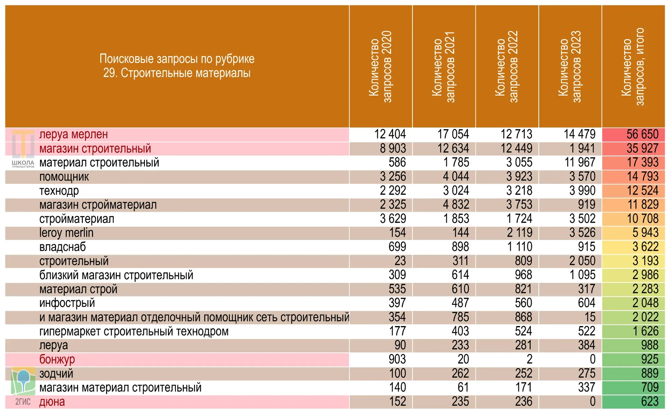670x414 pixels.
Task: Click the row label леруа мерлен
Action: click(x=74, y=134)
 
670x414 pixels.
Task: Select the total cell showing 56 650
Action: click(x=642, y=134)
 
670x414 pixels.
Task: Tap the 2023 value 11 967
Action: click(x=580, y=162)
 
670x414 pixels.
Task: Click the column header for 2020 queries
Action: click(x=381, y=67)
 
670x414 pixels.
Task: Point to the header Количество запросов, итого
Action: click(x=633, y=67)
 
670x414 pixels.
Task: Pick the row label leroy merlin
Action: click(x=66, y=233)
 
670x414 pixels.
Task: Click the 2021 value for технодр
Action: click(x=456, y=191)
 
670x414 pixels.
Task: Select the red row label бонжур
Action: click(x=57, y=359)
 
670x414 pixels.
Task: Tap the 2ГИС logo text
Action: click(x=23, y=402)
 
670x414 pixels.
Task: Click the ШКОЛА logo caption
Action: click(x=23, y=163)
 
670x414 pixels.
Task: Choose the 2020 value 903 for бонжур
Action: click(x=397, y=359)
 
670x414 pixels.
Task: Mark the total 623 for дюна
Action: click(x=650, y=402)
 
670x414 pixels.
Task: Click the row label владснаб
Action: click(x=63, y=247)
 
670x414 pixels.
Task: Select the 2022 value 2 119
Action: click(x=520, y=233)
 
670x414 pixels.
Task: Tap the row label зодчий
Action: click(x=56, y=374)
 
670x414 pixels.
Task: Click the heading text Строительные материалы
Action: click(x=186, y=73)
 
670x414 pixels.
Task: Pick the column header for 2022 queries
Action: click(x=507, y=67)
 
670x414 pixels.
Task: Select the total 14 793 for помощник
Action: click(x=642, y=177)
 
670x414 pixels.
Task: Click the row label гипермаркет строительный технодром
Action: click(x=134, y=332)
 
